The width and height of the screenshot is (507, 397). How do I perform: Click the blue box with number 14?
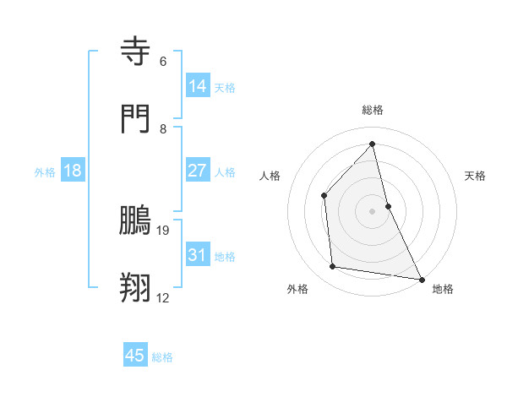[198, 86]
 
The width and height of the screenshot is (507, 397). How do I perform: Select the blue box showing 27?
[198, 171]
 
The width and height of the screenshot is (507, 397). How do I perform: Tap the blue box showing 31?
[198, 255]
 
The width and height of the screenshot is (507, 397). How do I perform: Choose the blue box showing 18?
[73, 171]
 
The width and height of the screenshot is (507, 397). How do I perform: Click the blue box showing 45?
[135, 356]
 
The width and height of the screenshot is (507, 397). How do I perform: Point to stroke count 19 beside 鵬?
[163, 230]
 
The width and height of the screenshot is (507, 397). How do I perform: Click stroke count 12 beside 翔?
[163, 297]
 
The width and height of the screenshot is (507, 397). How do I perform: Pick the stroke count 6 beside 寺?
[163, 62]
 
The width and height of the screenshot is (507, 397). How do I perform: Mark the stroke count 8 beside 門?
[163, 129]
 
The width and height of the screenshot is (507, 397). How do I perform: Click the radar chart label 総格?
[373, 110]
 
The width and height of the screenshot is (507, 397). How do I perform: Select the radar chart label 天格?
[476, 176]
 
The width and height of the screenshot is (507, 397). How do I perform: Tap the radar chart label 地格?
[443, 289]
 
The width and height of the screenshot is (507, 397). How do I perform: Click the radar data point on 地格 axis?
[421, 278]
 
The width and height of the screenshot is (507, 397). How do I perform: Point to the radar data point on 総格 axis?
[373, 144]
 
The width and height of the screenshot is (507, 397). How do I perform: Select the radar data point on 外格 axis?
[333, 267]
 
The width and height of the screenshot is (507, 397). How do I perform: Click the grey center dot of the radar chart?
[373, 211]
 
